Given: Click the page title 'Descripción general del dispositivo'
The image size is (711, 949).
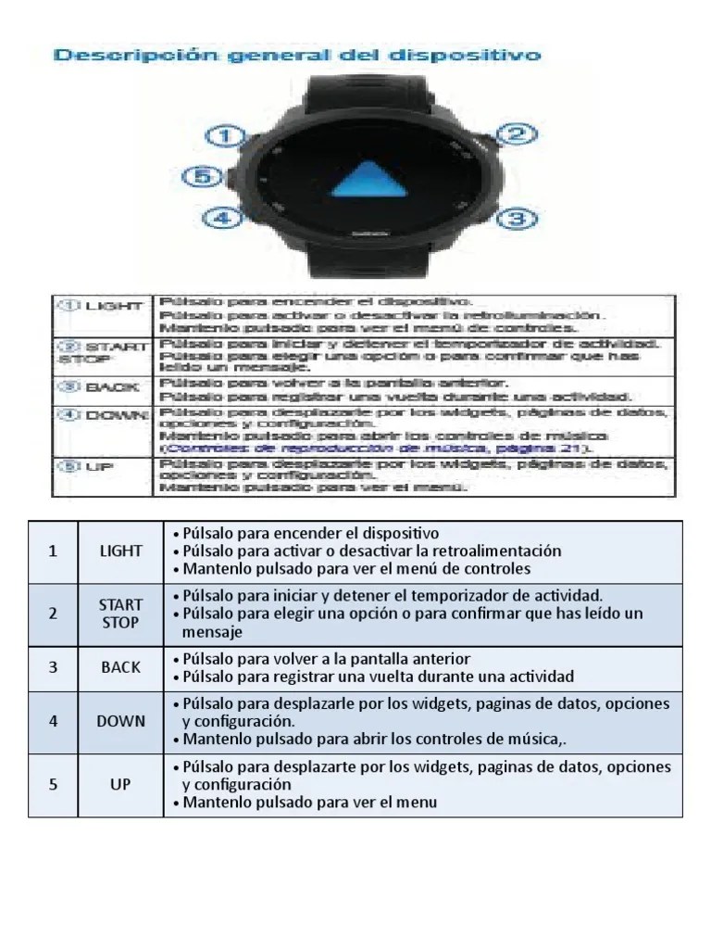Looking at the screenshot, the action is [x=296, y=56].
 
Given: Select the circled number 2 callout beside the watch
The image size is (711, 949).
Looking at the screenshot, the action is [x=518, y=134].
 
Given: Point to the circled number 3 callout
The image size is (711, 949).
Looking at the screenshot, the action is [x=518, y=219].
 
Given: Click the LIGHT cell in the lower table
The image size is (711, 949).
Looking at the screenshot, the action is [x=121, y=551].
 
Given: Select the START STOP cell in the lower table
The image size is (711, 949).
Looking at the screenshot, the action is [x=121, y=614].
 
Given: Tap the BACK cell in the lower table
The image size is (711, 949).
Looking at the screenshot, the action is [x=121, y=667].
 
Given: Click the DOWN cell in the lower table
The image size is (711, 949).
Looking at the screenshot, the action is [x=121, y=721].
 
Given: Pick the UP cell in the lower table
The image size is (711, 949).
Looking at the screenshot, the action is [x=121, y=785].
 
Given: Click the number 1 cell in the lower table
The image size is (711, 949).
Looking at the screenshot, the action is [x=53, y=551].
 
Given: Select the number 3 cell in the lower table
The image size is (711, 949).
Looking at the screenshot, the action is [x=53, y=667].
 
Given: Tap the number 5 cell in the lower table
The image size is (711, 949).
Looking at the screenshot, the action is [x=53, y=785].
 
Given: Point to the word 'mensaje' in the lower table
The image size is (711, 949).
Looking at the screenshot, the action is [x=212, y=632].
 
